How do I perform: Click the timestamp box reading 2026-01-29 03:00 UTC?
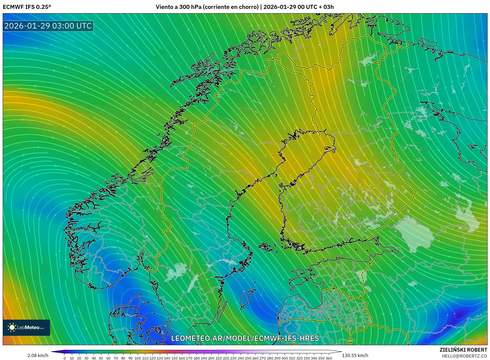coord(48,26)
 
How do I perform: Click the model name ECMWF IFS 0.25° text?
coord(27,7)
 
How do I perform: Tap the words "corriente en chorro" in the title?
coord(231,7)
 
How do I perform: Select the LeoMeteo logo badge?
coord(26,327)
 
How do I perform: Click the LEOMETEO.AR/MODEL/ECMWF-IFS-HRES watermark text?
coord(245,338)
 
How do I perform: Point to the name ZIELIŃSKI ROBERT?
coord(463,350)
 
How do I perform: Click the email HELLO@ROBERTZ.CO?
coord(464,356)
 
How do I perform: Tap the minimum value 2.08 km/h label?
coord(38,355)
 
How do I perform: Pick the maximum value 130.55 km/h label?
coord(355,355)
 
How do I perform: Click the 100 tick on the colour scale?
coord(138,358)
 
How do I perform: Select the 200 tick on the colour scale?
coord(211,358)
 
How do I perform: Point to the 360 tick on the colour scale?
coord(329,358)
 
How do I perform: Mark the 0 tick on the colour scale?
coord(65,358)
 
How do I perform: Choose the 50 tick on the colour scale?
coord(101,358)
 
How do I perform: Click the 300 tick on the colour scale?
coord(284,358)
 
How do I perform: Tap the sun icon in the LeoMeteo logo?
coord(12,327)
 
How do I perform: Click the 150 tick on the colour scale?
coord(174,358)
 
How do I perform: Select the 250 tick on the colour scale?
coord(248,358)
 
